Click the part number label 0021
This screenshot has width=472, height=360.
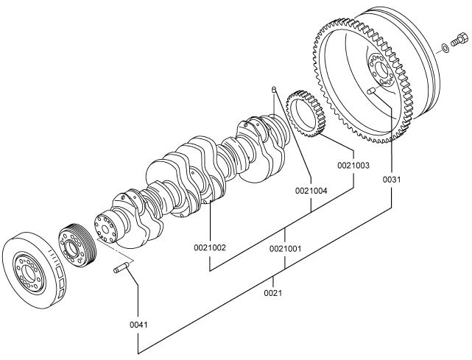[273, 292]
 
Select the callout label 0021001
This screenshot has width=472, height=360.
[285, 249]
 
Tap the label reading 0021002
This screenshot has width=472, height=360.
[210, 247]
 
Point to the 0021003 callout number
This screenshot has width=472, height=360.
[353, 165]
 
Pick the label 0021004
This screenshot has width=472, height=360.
[311, 191]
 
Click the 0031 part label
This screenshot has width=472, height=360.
[392, 180]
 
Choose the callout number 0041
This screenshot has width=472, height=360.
[138, 325]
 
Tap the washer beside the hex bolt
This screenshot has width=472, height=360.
[445, 48]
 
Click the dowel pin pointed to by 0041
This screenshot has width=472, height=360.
[121, 268]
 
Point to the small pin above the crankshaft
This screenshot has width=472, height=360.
[274, 89]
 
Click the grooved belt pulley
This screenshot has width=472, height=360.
[77, 245]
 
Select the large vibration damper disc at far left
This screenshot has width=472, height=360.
[34, 269]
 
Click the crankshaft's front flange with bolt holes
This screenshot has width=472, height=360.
[104, 227]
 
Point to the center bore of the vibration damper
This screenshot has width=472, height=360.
[29, 272]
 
